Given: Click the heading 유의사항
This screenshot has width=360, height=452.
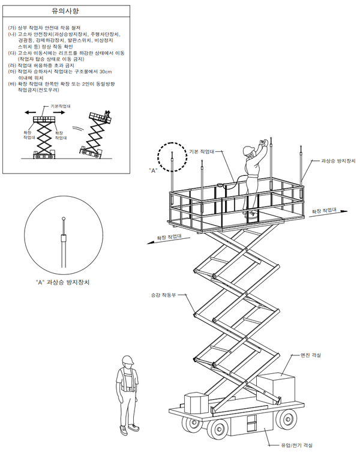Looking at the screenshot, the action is coord(65,11).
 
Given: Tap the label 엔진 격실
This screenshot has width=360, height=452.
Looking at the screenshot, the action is coord(310,355).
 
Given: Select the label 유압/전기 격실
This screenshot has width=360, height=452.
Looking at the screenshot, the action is coord(296,445).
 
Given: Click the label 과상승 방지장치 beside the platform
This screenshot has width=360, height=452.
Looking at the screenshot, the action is coord(338,161).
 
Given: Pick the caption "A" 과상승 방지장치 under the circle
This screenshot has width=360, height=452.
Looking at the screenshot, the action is coord(62,282).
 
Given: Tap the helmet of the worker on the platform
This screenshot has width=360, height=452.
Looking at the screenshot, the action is coord(248,151).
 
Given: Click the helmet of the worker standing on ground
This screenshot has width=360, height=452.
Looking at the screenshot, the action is coord(128,360).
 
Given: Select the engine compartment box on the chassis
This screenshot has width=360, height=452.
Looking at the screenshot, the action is coord(276,388).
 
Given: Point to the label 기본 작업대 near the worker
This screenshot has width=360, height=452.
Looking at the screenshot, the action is coord(202,152).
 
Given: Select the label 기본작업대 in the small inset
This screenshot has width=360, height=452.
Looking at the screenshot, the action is coord(61,106).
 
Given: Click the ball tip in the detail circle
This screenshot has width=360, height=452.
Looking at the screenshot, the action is coord(64,218).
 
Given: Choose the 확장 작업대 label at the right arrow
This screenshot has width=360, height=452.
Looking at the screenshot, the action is coord(324,211).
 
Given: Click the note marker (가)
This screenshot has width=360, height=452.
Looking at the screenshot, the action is coord(12,28).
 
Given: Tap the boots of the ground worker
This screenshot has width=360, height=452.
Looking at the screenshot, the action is coord(129,429).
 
